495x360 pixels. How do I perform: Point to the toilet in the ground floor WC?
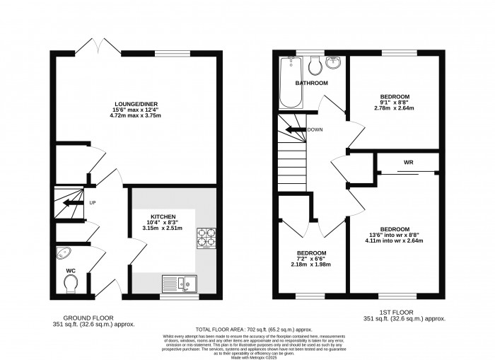pos(70,283)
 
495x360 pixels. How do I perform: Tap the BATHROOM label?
pos(312,83)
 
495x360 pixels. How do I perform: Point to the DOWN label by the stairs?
pos(315,130)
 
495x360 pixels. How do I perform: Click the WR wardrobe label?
pos(408,163)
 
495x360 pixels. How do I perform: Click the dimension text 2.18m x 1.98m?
pos(311,265)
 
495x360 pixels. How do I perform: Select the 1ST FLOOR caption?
pos(406,311)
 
